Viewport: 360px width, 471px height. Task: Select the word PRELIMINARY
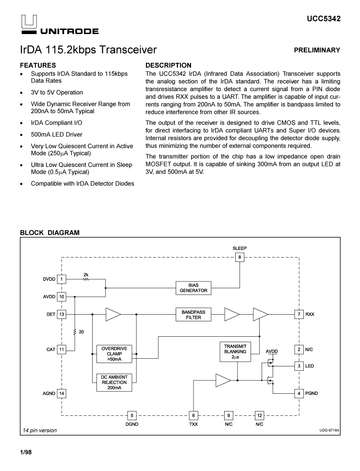click(318, 50)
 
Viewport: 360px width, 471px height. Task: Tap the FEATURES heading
click(38, 65)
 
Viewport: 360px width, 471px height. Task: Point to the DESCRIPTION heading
click(168, 65)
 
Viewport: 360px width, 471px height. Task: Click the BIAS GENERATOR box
click(193, 288)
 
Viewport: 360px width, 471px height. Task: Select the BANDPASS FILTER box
click(193, 315)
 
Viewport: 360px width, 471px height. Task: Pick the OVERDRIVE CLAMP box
click(114, 353)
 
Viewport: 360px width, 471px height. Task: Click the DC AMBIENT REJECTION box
click(114, 382)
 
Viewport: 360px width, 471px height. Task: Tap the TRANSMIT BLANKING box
click(235, 352)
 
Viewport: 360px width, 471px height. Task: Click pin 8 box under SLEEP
click(240, 258)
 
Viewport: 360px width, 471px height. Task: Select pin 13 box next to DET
click(61, 314)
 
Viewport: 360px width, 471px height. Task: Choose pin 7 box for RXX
click(299, 314)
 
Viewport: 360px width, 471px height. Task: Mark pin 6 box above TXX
click(193, 415)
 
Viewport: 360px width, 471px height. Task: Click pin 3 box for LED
click(299, 366)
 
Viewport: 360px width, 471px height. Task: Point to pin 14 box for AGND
click(61, 393)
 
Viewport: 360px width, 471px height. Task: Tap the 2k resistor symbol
click(86, 279)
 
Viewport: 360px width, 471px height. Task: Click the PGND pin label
click(312, 393)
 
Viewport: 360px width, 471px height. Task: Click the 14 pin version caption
click(40, 430)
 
